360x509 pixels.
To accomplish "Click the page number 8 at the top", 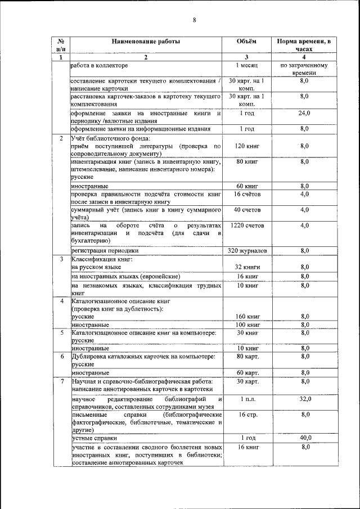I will click(193, 21).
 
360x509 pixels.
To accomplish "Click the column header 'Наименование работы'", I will click(146, 42).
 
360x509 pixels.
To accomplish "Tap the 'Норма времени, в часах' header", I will click(304, 46).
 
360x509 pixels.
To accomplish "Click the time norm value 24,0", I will click(304, 114).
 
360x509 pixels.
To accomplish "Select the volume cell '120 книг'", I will click(246, 146).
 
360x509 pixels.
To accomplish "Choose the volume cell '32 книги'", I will click(246, 267).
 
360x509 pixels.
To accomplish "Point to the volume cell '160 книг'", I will click(246, 317).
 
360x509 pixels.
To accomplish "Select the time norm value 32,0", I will click(304, 399).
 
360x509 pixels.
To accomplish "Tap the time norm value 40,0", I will click(304, 438).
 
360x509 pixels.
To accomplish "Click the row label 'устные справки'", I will click(94, 438).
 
